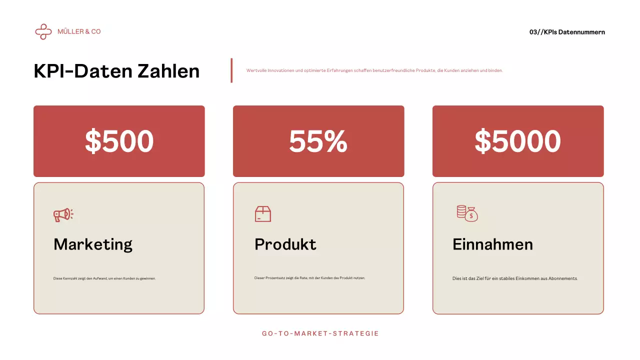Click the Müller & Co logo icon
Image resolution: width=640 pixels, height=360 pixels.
click(43, 31)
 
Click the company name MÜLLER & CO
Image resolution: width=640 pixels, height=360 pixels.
click(79, 31)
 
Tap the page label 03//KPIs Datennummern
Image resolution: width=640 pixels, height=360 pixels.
click(567, 32)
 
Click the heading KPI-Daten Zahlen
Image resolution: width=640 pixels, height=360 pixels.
click(116, 71)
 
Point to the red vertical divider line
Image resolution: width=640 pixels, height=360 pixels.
click(231, 70)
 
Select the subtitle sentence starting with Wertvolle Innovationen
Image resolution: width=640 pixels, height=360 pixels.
click(374, 70)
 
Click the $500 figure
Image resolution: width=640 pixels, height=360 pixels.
click(119, 141)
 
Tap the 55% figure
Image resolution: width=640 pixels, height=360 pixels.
click(318, 141)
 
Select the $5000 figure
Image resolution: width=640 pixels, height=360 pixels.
click(517, 141)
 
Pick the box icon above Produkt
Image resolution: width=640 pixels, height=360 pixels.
click(262, 214)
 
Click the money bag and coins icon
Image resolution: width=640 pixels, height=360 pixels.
click(467, 213)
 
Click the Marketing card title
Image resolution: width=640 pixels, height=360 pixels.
click(93, 244)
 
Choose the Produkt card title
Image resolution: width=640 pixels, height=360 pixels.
click(285, 244)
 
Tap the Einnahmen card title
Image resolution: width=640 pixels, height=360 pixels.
click(492, 244)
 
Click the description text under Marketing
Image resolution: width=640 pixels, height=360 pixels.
click(104, 278)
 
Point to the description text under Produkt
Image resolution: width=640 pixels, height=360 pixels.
click(309, 278)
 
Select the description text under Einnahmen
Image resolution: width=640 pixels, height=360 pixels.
click(515, 278)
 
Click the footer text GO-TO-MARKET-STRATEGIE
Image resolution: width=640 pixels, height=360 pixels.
click(320, 333)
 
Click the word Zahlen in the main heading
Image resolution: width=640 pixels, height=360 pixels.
click(168, 71)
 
